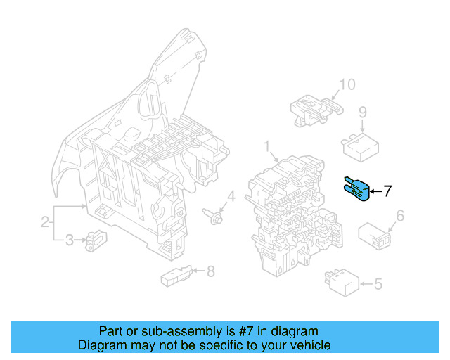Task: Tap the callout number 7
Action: tap(388, 191)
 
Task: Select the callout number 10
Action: tap(347, 86)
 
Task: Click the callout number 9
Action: tap(363, 111)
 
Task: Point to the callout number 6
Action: tap(400, 216)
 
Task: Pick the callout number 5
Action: tap(378, 284)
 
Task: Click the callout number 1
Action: tap(267, 146)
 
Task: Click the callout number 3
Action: tap(69, 241)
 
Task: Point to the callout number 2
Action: tap(45, 223)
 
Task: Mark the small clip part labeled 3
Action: tap(94, 241)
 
